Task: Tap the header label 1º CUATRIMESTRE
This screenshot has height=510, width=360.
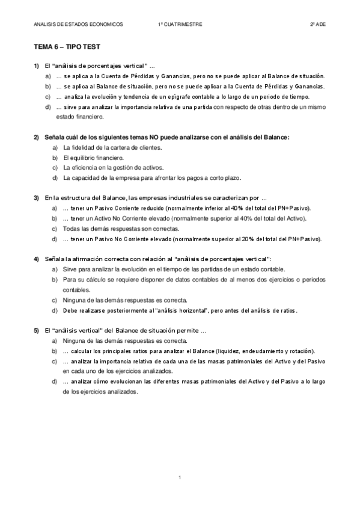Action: click(x=180, y=24)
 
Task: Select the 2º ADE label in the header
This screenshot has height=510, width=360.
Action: click(x=317, y=24)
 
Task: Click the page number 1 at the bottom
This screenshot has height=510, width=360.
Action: click(x=180, y=477)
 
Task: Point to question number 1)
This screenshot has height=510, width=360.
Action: click(x=37, y=65)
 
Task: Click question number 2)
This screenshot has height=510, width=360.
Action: click(x=37, y=137)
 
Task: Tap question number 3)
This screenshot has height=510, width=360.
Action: click(x=37, y=198)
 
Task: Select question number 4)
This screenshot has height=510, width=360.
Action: click(x=37, y=258)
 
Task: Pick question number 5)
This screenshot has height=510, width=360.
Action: click(x=37, y=330)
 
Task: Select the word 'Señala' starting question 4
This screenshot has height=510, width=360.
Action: click(x=55, y=258)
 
